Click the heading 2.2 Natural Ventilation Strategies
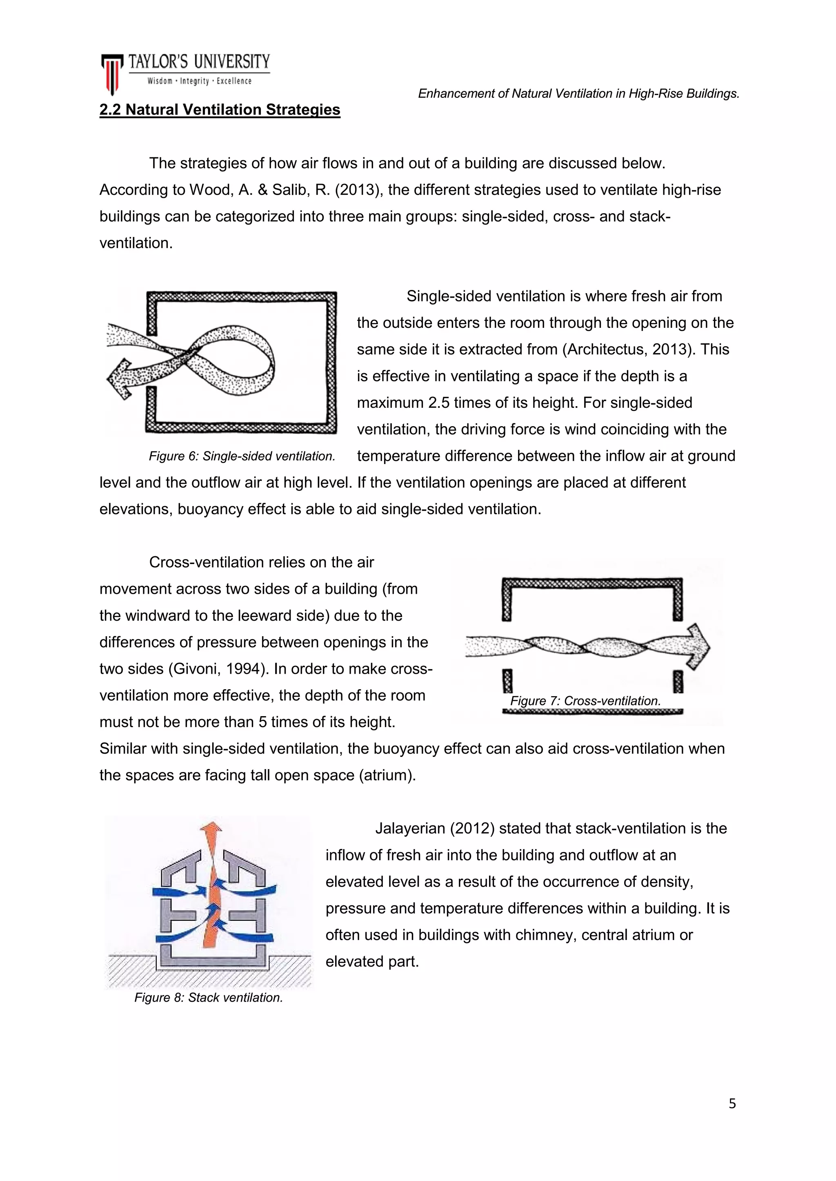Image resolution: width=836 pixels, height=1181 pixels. (220, 110)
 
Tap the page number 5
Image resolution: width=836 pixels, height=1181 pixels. (732, 1104)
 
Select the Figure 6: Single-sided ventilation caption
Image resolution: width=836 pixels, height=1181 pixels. (242, 456)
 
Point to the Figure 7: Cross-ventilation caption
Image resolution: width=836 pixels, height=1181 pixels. (585, 701)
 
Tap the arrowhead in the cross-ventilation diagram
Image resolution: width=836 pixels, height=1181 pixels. (698, 646)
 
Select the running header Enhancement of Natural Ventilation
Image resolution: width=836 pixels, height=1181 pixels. (578, 94)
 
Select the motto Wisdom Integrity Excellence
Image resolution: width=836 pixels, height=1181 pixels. (199, 81)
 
